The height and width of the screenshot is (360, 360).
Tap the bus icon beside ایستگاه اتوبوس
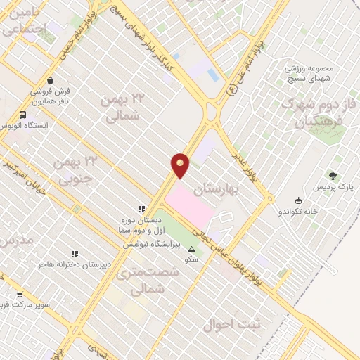[x=23, y=115]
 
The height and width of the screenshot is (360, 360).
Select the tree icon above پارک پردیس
[x=332, y=176]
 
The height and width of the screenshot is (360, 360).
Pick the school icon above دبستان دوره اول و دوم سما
[x=141, y=209]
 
